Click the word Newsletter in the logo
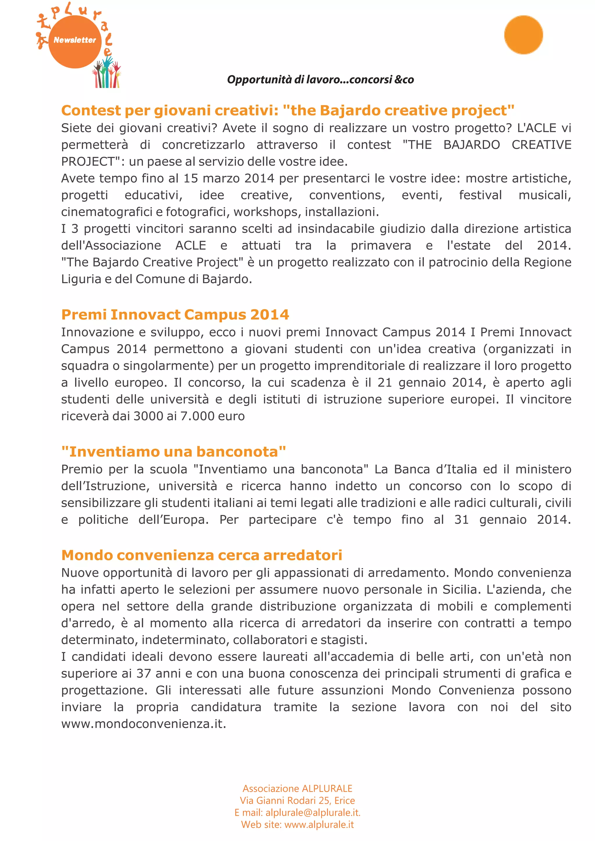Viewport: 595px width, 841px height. tap(74, 40)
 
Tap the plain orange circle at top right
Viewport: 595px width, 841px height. tap(523, 35)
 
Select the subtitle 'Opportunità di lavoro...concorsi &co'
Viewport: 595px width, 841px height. tap(320, 80)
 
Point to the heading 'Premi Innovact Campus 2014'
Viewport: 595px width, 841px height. tap(175, 315)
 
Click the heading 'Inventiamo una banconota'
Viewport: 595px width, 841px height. tap(174, 452)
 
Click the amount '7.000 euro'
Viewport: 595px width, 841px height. tap(212, 416)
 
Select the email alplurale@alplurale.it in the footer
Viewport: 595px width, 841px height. tap(313, 813)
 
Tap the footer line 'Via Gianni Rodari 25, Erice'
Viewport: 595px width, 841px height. tap(297, 800)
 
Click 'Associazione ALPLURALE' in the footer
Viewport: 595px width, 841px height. tap(297, 788)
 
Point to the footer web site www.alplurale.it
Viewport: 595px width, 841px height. tap(319, 824)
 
